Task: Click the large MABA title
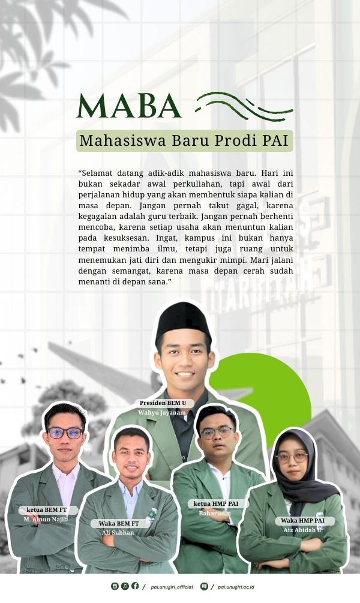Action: click(x=129, y=106)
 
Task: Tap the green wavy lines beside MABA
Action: click(x=245, y=107)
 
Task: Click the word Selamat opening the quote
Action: click(x=96, y=173)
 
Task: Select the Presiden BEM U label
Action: click(x=163, y=403)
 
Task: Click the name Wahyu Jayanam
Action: click(x=162, y=413)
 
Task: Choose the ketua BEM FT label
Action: click(x=47, y=510)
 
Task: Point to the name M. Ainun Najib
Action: click(x=46, y=519)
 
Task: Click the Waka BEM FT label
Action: click(x=119, y=523)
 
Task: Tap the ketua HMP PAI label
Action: click(x=216, y=504)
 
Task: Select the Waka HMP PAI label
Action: click(x=302, y=521)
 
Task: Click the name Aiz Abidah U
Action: click(x=302, y=530)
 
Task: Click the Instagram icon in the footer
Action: click(x=115, y=586)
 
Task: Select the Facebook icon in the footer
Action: click(x=135, y=586)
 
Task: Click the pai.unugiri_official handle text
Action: click(x=172, y=587)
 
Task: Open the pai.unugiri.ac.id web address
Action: click(x=236, y=587)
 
